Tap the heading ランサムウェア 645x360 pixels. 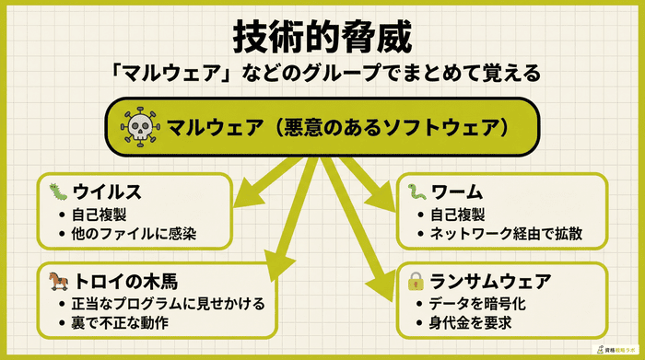click(x=494, y=280)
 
